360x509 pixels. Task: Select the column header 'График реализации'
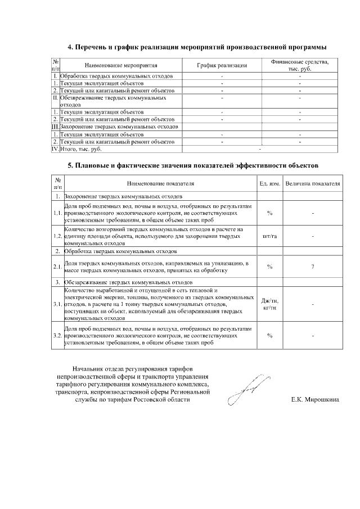(x=222, y=65)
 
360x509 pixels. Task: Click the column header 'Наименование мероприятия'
(x=121, y=65)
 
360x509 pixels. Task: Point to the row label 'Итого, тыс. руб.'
(x=82, y=149)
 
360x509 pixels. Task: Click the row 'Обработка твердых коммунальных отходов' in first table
(x=120, y=76)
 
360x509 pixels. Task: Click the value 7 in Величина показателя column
(x=312, y=267)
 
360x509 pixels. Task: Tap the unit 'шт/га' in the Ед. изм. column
(x=269, y=236)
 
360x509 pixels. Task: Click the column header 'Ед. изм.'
(x=269, y=184)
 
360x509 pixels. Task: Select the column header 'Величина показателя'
(x=313, y=184)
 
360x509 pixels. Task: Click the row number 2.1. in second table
(x=57, y=267)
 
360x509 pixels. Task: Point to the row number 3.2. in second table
(x=57, y=335)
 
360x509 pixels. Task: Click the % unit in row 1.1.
(x=269, y=213)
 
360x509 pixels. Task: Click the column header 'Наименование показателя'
(x=160, y=184)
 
